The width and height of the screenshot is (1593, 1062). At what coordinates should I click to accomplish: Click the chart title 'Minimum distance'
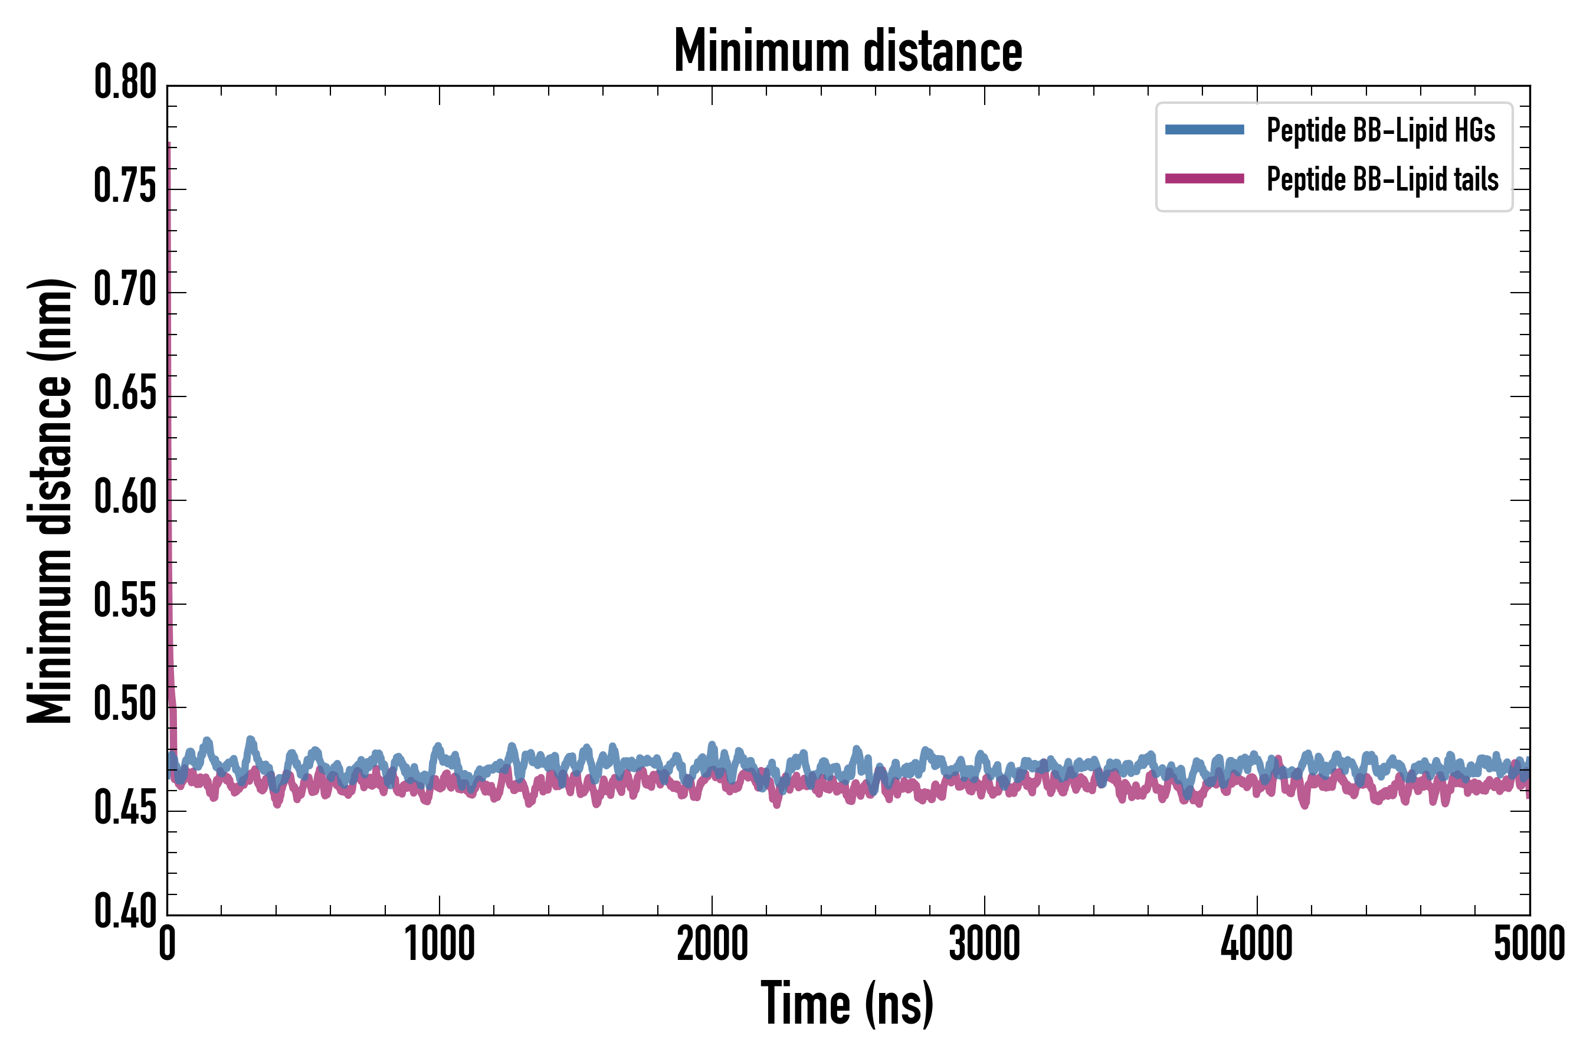pyautogui.click(x=847, y=50)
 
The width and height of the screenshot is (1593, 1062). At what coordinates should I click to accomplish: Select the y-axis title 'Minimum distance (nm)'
pyautogui.click(x=50, y=500)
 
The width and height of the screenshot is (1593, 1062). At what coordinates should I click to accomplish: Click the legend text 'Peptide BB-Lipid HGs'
pyautogui.click(x=1381, y=130)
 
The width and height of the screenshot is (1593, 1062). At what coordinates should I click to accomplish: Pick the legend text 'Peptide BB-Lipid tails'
pyautogui.click(x=1382, y=179)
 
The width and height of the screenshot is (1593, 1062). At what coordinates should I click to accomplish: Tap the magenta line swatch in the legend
pyautogui.click(x=1204, y=179)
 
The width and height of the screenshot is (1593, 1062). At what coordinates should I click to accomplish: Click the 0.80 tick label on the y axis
pyautogui.click(x=125, y=83)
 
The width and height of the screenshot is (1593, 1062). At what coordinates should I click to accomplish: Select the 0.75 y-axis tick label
pyautogui.click(x=125, y=186)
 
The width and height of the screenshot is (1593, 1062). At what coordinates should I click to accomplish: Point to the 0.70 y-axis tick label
pyautogui.click(x=125, y=290)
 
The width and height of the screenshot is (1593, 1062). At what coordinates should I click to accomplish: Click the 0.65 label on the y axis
pyautogui.click(x=125, y=394)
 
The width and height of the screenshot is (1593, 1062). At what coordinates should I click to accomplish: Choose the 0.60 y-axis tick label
pyautogui.click(x=125, y=497)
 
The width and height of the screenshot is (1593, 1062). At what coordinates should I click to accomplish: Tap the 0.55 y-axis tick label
pyautogui.click(x=125, y=601)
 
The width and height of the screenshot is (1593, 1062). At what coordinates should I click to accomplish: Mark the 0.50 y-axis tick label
pyautogui.click(x=125, y=704)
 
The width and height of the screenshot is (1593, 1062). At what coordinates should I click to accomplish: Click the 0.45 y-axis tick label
pyautogui.click(x=125, y=808)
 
